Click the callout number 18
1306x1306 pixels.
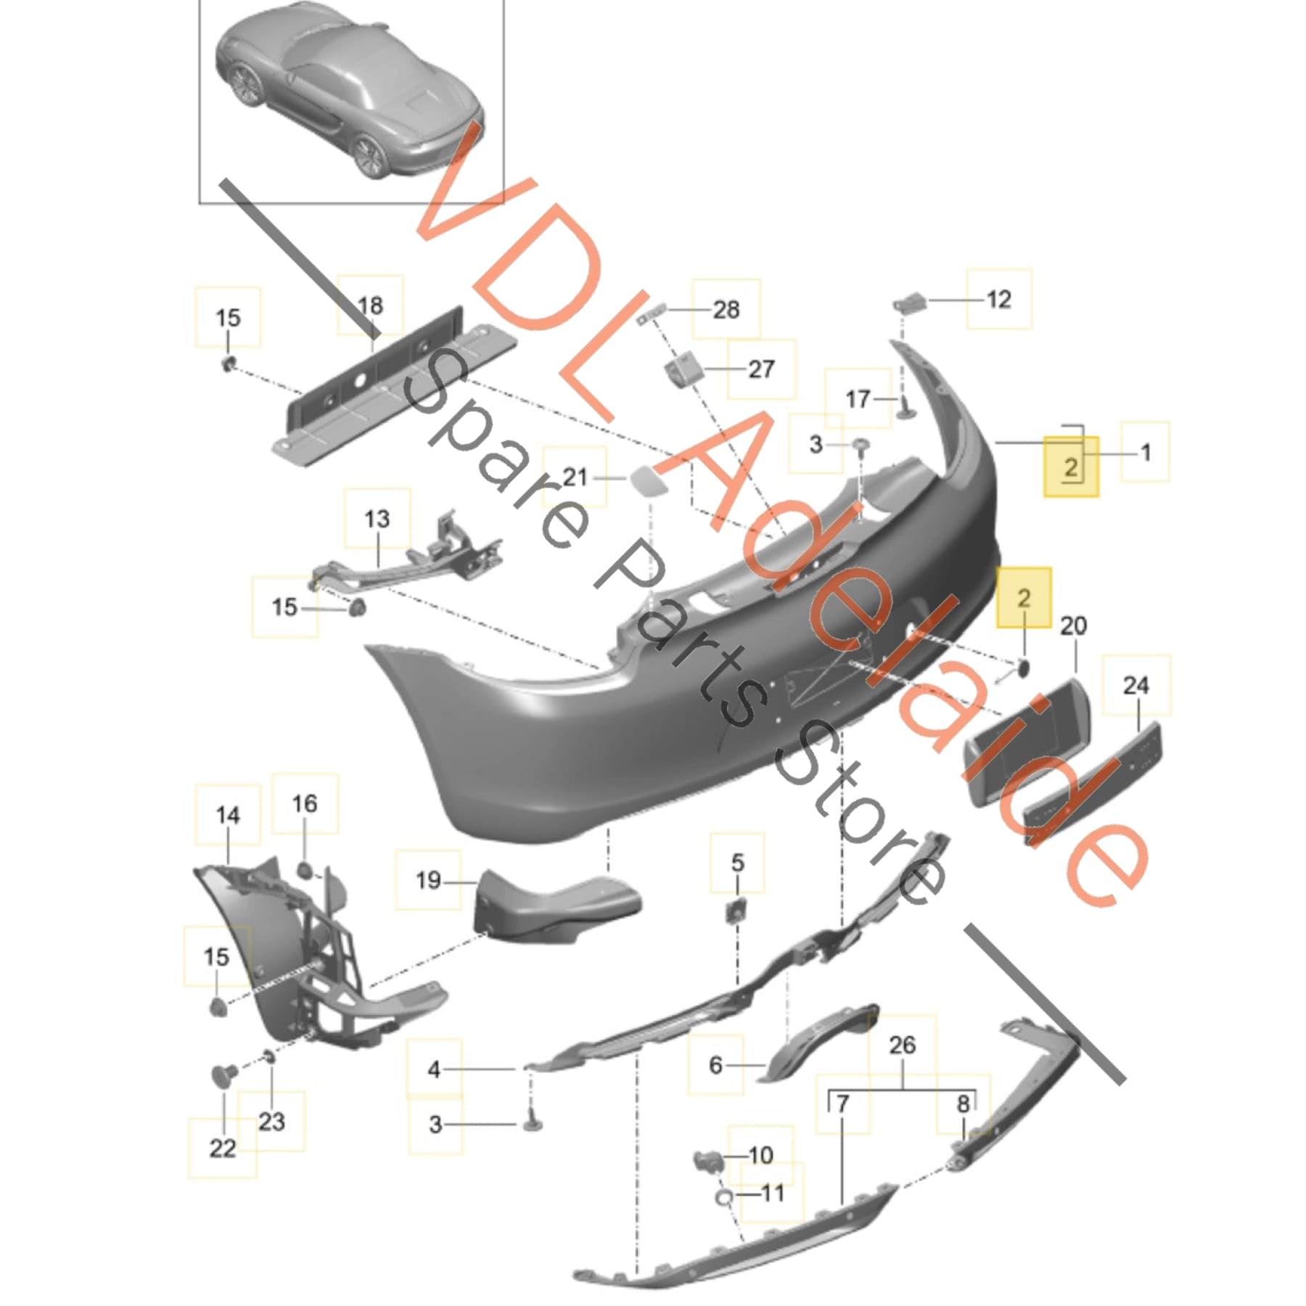tap(370, 305)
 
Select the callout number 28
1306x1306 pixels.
tap(726, 310)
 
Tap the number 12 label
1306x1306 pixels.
tap(999, 300)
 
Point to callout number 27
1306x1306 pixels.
tap(761, 369)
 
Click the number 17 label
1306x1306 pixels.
tap(858, 398)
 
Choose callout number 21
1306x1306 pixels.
tap(575, 477)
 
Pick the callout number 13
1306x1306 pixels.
tap(377, 519)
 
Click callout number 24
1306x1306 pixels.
tap(1135, 685)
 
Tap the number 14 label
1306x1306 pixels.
tap(228, 815)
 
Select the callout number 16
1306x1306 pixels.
tap(305, 803)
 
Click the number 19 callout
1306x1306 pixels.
tap(428, 880)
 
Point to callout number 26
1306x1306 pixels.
tap(903, 1045)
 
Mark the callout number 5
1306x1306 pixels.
tap(737, 863)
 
